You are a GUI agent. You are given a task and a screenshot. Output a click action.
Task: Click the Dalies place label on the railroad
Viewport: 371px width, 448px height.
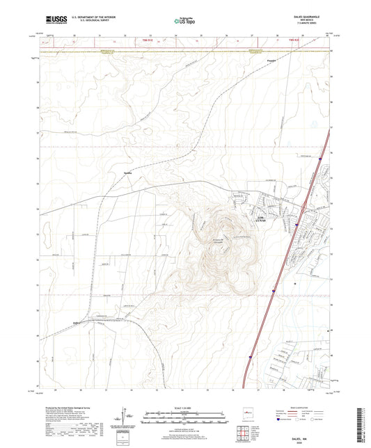(78, 322)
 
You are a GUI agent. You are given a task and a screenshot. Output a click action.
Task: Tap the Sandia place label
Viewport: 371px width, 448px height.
(127, 173)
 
